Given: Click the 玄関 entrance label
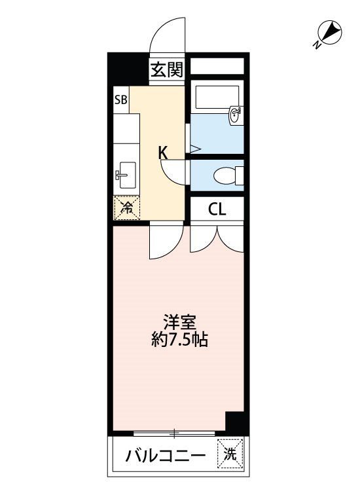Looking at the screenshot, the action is (x=166, y=69).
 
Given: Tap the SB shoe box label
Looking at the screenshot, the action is (x=121, y=100).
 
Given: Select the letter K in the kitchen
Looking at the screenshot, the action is (x=163, y=153).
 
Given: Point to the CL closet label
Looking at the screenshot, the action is (x=217, y=209).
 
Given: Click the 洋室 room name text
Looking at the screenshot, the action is (x=179, y=323).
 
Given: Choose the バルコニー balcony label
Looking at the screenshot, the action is (x=166, y=456).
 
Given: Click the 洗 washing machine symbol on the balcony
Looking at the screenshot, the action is (x=230, y=454).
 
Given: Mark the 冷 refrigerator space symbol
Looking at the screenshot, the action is (x=126, y=208).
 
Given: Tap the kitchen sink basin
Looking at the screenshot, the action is (x=126, y=175).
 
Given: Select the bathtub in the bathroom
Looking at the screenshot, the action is (x=217, y=97).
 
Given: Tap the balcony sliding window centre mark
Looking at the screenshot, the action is (x=174, y=433).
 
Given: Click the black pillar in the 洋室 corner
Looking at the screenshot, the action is (x=237, y=423).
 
